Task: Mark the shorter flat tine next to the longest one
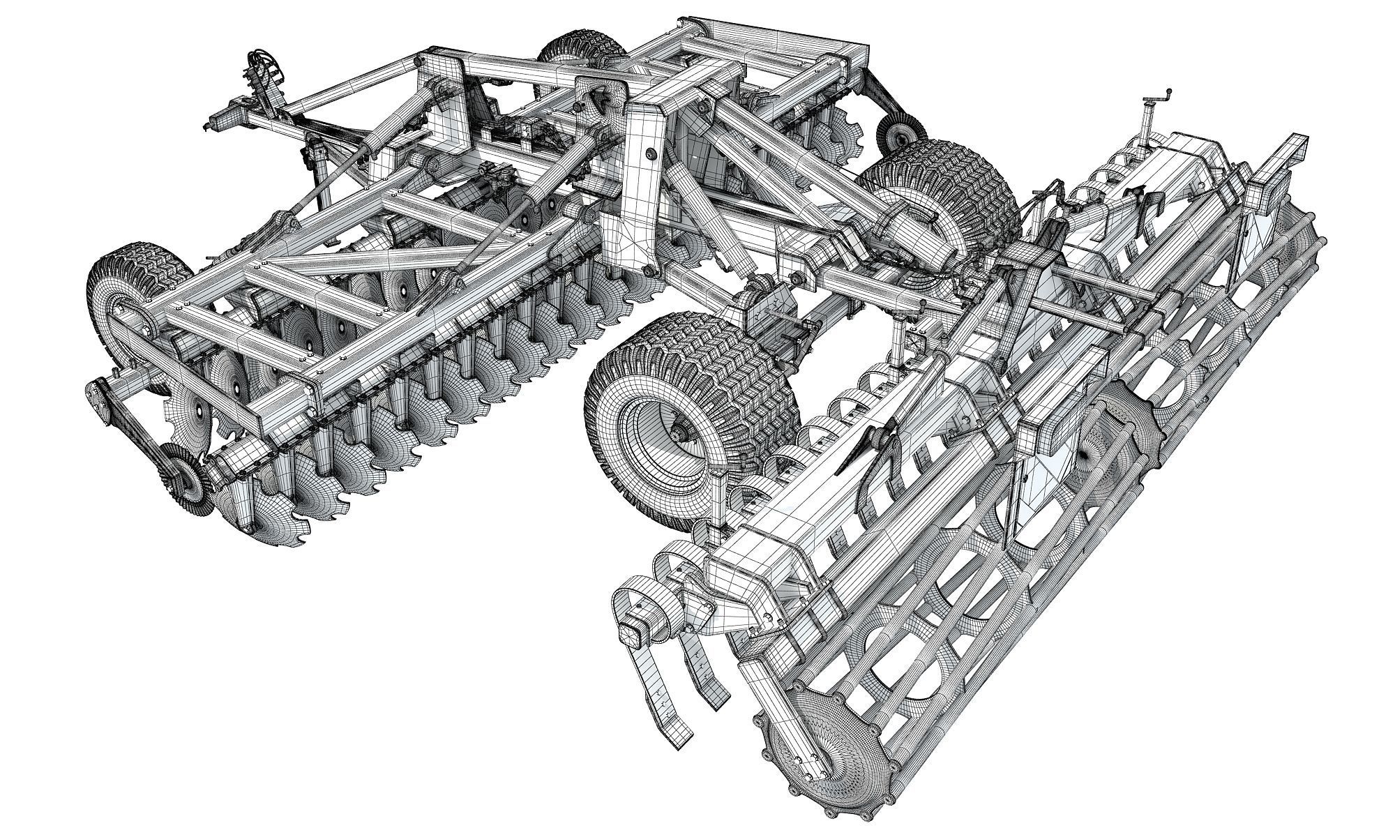[x=704, y=663]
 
